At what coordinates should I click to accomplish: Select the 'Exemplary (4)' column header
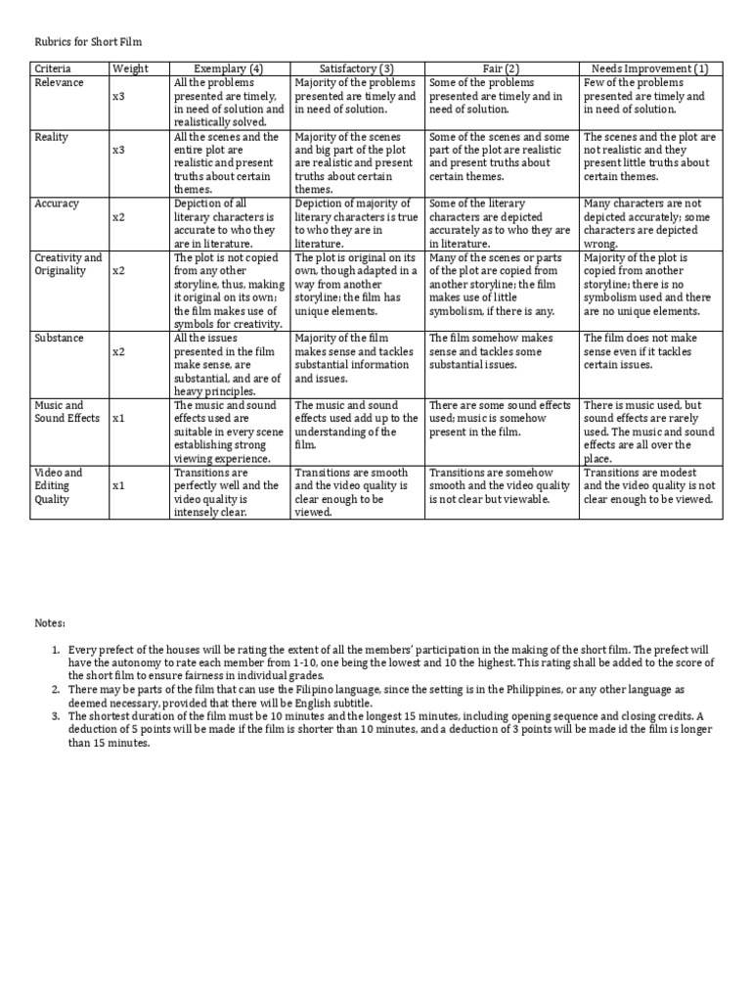229,68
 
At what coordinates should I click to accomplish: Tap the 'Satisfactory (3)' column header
356,68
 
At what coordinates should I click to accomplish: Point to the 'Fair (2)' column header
501,68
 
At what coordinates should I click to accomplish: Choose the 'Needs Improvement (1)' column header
650,68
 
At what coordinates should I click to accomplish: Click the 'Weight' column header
130,68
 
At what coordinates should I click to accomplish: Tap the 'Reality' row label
52,137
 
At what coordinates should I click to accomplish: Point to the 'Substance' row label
59,338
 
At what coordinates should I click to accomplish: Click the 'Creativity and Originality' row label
67,264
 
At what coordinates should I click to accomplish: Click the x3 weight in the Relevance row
118,97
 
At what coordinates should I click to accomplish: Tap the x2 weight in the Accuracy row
118,217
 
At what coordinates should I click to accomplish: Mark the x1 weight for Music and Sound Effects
118,418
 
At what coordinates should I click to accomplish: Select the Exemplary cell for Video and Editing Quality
229,491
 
